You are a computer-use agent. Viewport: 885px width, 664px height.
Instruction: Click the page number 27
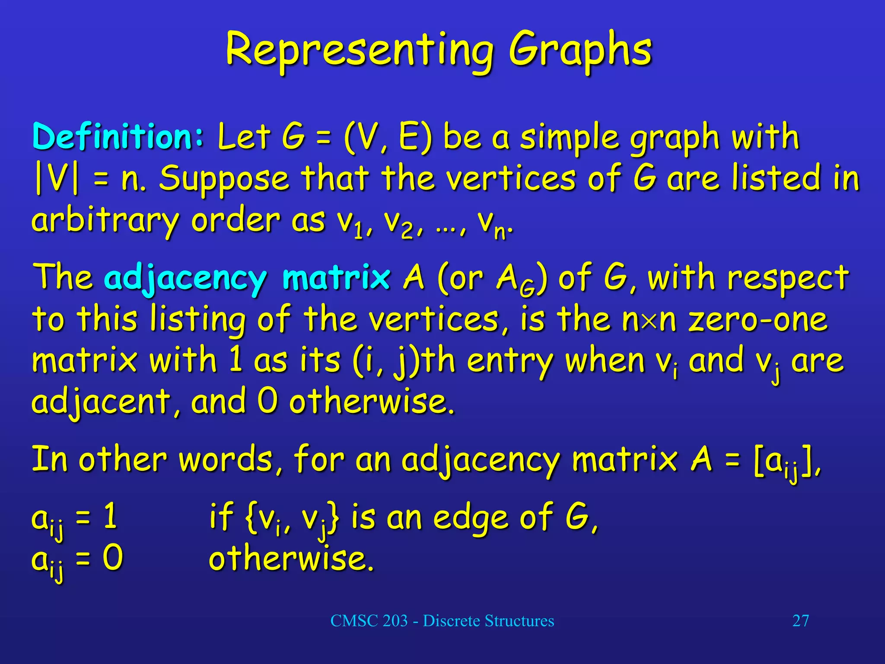click(800, 621)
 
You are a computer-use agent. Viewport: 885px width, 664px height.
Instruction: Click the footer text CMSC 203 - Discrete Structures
click(442, 621)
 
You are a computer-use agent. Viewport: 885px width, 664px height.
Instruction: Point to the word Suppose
click(224, 179)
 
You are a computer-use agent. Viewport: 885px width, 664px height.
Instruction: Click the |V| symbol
click(57, 178)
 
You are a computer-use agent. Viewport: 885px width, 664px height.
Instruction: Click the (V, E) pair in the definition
click(388, 137)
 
